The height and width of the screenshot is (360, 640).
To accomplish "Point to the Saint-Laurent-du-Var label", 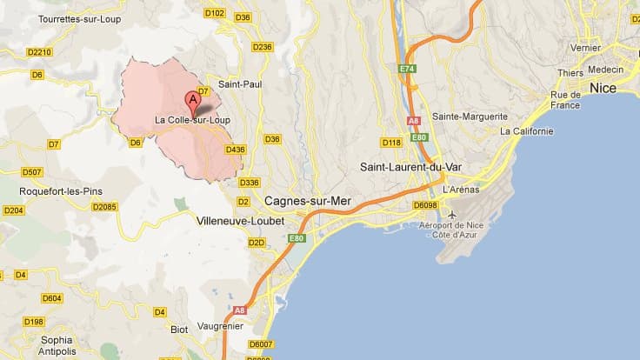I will [x=410, y=166].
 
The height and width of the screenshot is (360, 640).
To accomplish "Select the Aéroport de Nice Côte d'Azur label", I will [x=477, y=230].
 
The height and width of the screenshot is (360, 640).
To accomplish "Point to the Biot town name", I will [x=178, y=330].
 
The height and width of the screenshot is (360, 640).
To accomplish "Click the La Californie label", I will [x=526, y=131].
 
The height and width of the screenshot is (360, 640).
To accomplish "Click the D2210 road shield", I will [x=40, y=52].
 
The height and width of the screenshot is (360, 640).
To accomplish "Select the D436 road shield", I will [x=235, y=150].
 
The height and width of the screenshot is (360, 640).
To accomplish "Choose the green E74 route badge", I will [x=409, y=68].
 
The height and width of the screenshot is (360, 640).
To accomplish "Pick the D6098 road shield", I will [x=425, y=205].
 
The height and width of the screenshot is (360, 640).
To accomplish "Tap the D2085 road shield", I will [x=105, y=207].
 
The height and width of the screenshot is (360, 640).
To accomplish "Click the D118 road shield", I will [x=391, y=142].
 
